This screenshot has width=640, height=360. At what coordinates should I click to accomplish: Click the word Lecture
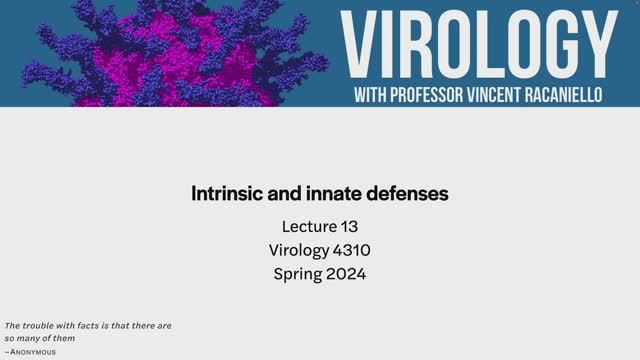tap(308, 227)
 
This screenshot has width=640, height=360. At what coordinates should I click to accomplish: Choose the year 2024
tap(345, 273)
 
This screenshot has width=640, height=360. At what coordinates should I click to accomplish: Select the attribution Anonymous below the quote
tap(32, 352)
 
